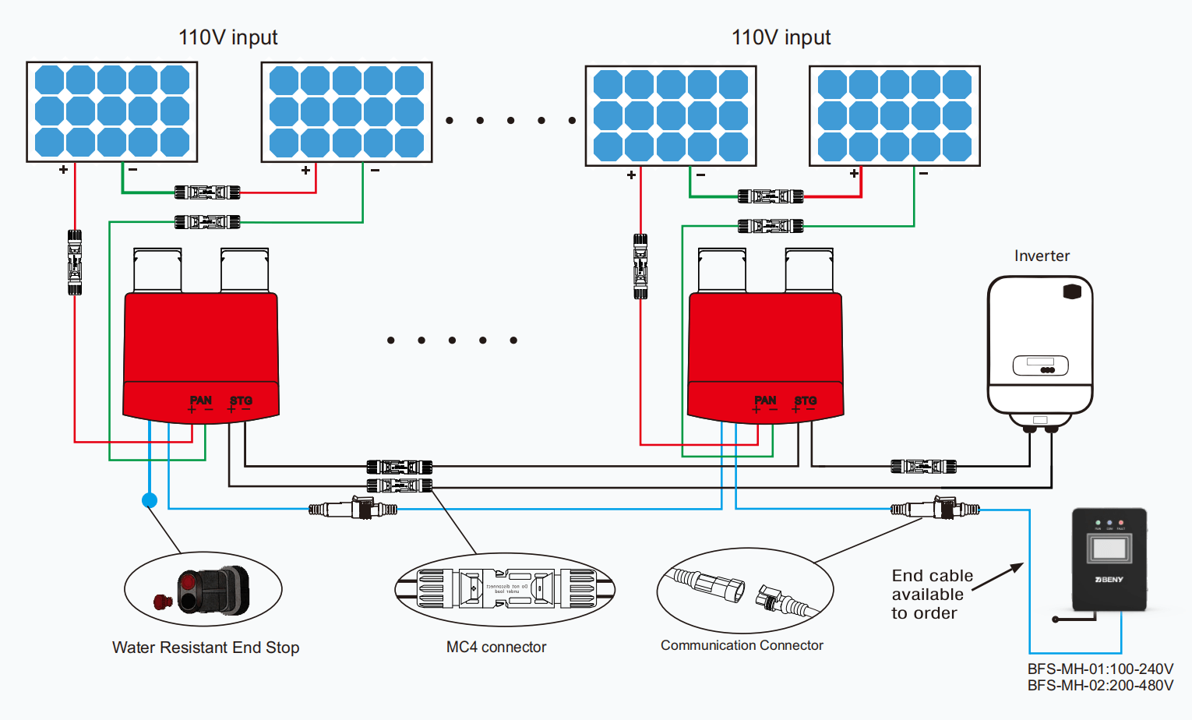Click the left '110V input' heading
[227, 37]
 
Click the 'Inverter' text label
[1042, 256]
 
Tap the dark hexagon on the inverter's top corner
[1072, 291]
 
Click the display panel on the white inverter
[1040, 365]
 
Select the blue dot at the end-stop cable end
[150, 500]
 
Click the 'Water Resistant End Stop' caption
[206, 648]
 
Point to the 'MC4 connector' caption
[496, 647]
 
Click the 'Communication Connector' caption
[742, 645]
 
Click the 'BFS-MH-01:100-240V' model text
[1100, 669]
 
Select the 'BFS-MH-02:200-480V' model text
[1100, 686]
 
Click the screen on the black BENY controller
[1109, 549]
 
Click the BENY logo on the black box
[1109, 580]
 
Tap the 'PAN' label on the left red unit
[200, 401]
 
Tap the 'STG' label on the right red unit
[806, 401]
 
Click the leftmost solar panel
[112, 111]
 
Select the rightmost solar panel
[894, 115]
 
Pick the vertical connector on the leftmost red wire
[75, 262]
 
